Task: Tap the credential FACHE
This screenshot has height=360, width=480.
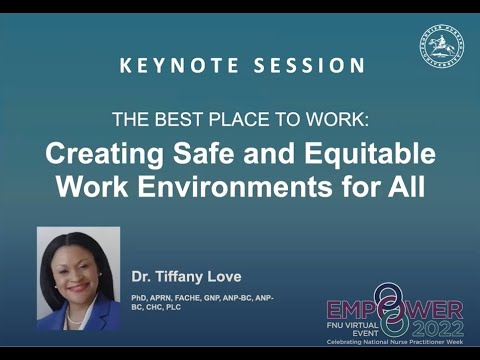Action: click(197, 298)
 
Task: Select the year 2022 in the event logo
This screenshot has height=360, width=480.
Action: click(434, 324)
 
